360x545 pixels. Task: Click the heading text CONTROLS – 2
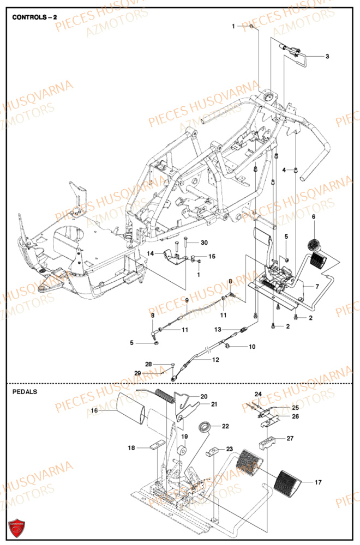pyautogui.click(x=34, y=17)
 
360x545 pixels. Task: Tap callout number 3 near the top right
pyautogui.click(x=327, y=56)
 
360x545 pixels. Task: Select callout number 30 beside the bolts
pyautogui.click(x=204, y=243)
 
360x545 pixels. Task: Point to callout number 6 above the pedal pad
pyautogui.click(x=314, y=217)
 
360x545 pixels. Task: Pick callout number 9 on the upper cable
pyautogui.click(x=186, y=300)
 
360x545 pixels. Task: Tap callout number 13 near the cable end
pyautogui.click(x=218, y=329)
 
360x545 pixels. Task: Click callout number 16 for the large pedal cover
pyautogui.click(x=94, y=411)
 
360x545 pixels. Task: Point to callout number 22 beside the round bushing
pyautogui.click(x=225, y=426)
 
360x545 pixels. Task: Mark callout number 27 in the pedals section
pyautogui.click(x=290, y=438)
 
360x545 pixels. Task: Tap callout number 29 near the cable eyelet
pyautogui.click(x=139, y=373)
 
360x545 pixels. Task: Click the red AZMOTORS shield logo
pyautogui.click(x=17, y=528)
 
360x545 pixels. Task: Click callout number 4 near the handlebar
pyautogui.click(x=284, y=171)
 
